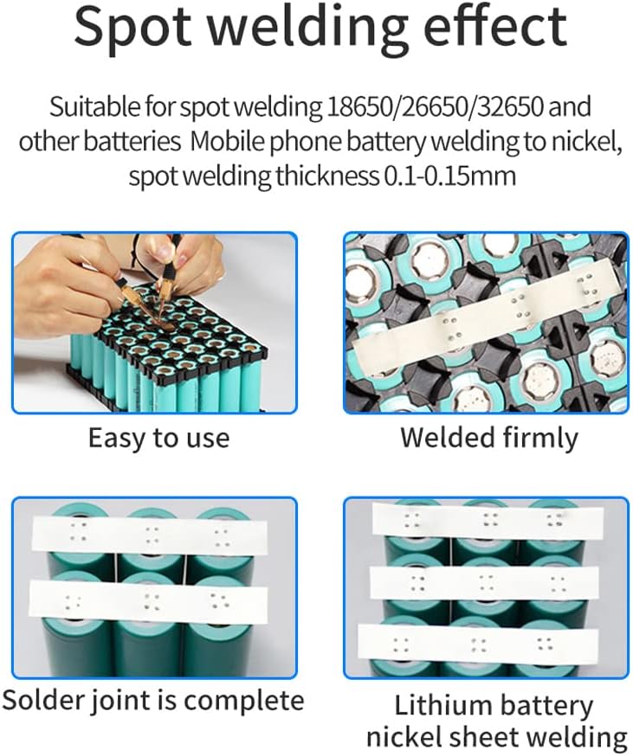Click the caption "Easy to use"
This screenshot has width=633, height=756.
point(158,438)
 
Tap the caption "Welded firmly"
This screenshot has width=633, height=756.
point(488,438)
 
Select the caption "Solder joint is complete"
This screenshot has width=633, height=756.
point(153,700)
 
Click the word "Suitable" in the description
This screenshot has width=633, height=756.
point(89,108)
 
